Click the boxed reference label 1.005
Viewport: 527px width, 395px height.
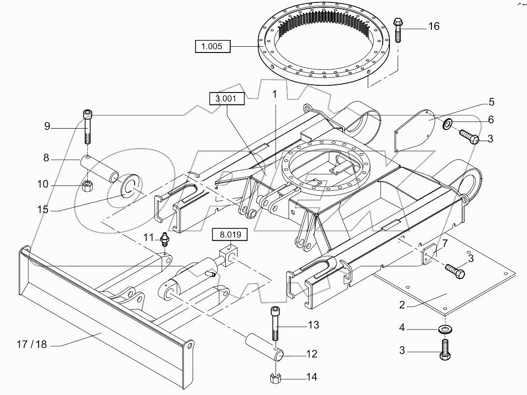pyautogui.click(x=213, y=47)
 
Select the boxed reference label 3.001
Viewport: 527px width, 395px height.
pyautogui.click(x=226, y=99)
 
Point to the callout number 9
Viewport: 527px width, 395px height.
pyautogui.click(x=47, y=127)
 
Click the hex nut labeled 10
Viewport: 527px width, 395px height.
pyautogui.click(x=87, y=185)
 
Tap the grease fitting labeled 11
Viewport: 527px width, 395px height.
pyautogui.click(x=164, y=239)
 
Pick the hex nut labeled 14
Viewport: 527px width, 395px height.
pyautogui.click(x=274, y=377)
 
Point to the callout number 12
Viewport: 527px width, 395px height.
pyautogui.click(x=312, y=354)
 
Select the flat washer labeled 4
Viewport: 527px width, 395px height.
pyautogui.click(x=443, y=329)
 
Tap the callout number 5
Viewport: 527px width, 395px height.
pyautogui.click(x=491, y=102)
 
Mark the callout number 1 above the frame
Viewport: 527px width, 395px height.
pyautogui.click(x=274, y=95)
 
